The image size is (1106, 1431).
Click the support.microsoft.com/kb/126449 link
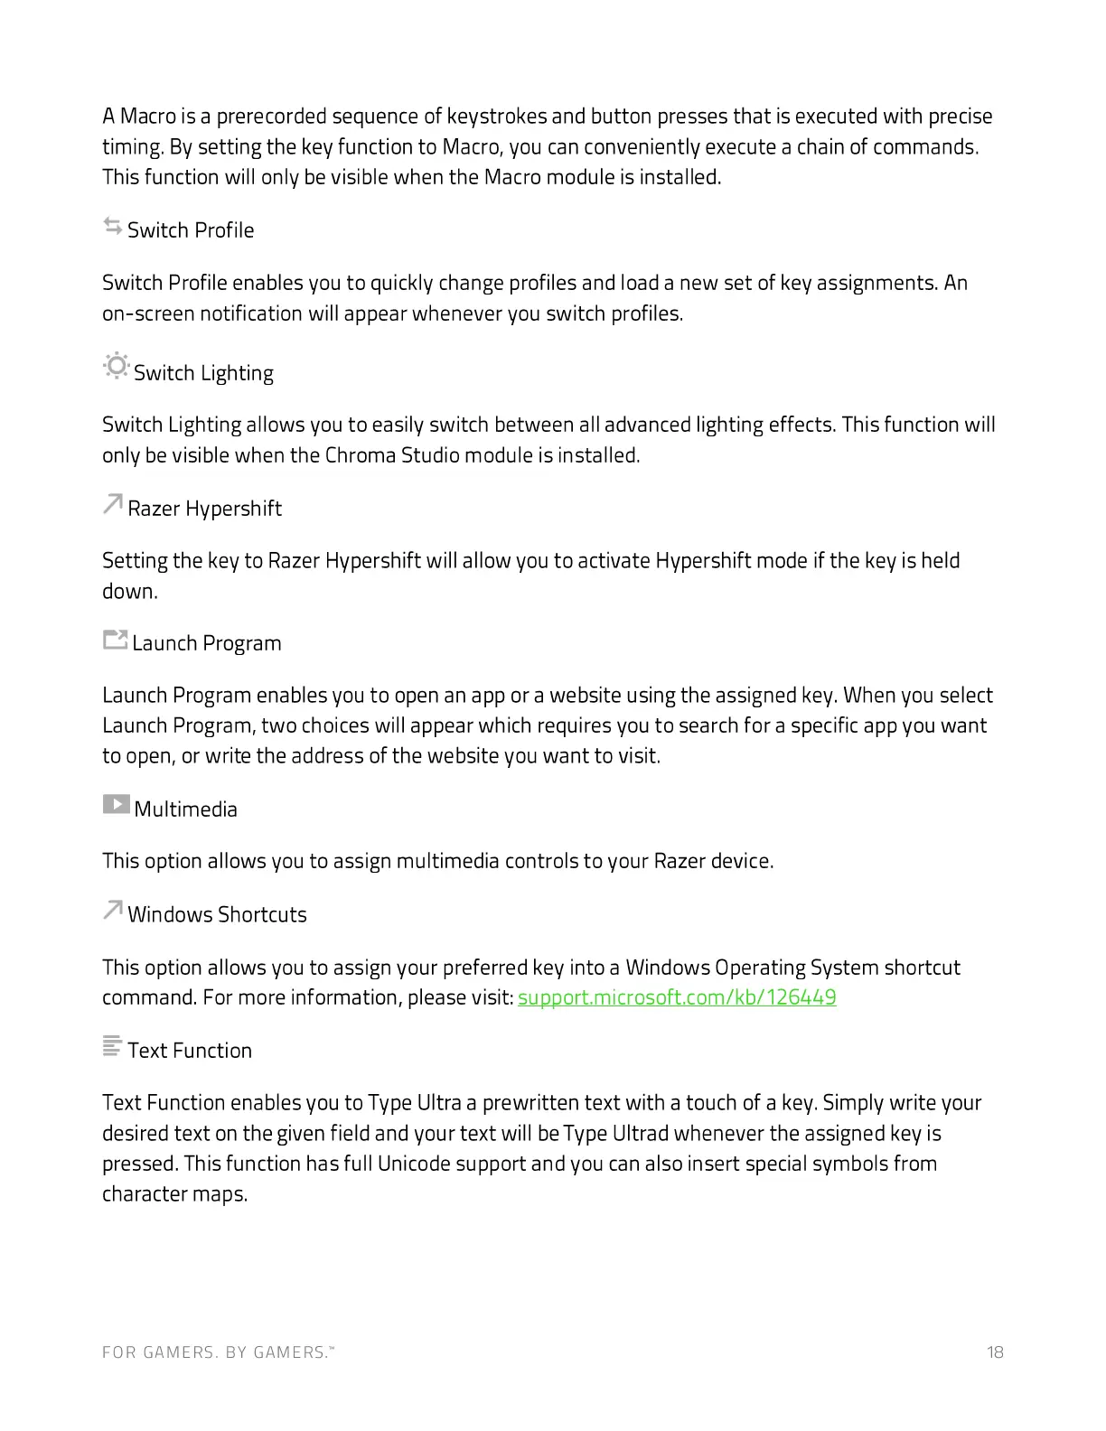coord(677,997)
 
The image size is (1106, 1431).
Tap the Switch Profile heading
coord(191,230)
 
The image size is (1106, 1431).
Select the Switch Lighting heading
coord(203,373)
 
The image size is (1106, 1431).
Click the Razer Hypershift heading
coord(204,509)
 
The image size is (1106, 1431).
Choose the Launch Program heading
coord(207,643)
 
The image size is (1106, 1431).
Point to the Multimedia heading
coord(185,809)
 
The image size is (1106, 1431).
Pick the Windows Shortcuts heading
coord(217,914)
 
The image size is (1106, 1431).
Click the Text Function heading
coord(190,1051)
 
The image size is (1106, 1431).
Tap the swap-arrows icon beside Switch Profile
coord(113,226)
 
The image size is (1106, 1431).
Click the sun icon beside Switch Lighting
coord(117,367)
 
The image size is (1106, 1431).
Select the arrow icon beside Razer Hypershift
coord(112,504)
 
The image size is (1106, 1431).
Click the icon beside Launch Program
coord(115,641)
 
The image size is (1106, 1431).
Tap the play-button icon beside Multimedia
coord(116,803)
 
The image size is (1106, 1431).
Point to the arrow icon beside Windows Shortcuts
coord(112,910)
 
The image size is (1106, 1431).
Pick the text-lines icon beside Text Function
coord(112,1046)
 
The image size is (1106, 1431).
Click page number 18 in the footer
coord(995,1352)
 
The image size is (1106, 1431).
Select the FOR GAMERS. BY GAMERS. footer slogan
coord(218,1352)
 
